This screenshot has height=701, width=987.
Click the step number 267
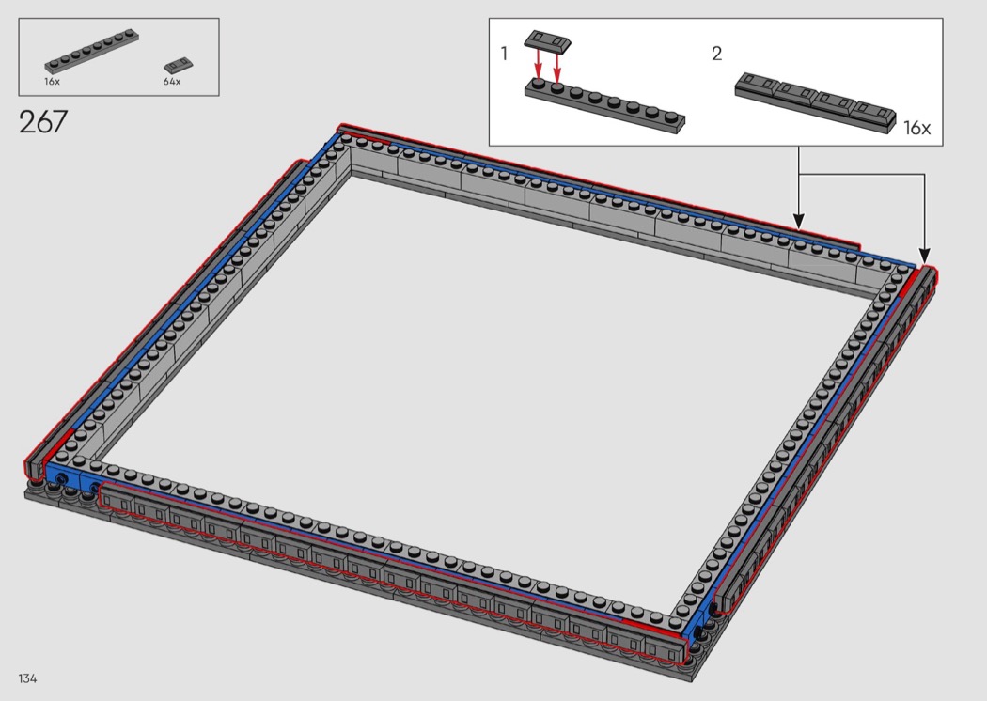pyautogui.click(x=43, y=121)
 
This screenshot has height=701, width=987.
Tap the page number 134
pyautogui.click(x=27, y=678)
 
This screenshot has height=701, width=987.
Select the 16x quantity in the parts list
pyautogui.click(x=52, y=81)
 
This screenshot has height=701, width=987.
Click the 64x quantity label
pyautogui.click(x=172, y=81)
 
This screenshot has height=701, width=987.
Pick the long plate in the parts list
pyautogui.click(x=92, y=49)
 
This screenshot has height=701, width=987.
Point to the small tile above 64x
pyautogui.click(x=179, y=64)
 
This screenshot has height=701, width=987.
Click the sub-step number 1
pyautogui.click(x=504, y=54)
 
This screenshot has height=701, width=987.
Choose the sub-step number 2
pyautogui.click(x=716, y=55)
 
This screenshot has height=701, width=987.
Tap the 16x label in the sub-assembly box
pyautogui.click(x=916, y=128)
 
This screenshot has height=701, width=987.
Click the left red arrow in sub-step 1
pyautogui.click(x=539, y=63)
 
